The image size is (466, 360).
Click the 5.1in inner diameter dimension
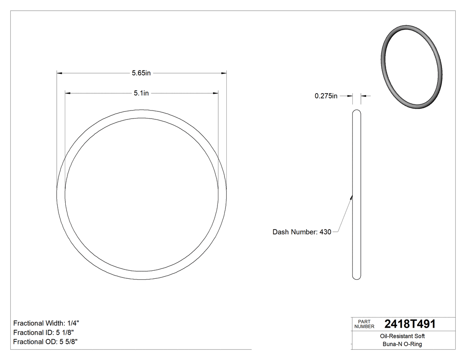[x=141, y=93]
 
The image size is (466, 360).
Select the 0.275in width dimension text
[x=326, y=96]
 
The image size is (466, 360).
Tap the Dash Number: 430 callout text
[x=302, y=232]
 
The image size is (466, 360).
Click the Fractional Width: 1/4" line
[x=46, y=324]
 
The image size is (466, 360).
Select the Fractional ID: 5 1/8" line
[x=43, y=332]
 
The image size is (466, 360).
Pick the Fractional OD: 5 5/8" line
[x=46, y=342]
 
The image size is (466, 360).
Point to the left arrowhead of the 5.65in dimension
[x=59, y=73]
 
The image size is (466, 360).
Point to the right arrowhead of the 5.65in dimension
[x=224, y=73]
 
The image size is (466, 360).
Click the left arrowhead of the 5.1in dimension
[x=68, y=93]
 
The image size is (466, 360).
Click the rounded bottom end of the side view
[x=356, y=277]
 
